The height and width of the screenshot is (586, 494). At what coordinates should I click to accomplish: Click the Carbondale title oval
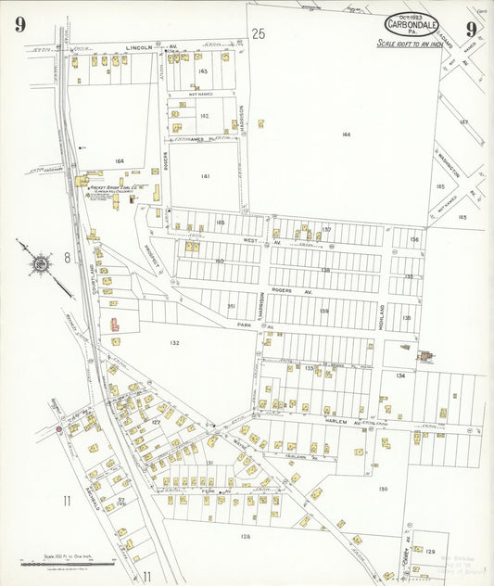(x=412, y=25)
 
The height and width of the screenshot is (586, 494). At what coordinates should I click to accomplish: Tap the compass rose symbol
(x=41, y=264)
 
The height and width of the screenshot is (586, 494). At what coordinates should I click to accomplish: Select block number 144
(x=346, y=134)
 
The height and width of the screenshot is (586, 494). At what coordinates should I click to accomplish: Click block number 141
(x=205, y=175)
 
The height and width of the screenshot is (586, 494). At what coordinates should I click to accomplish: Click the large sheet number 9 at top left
(x=19, y=25)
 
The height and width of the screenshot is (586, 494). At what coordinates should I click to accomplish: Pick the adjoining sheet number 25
(x=259, y=33)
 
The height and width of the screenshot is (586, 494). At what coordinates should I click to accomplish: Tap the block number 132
(x=174, y=343)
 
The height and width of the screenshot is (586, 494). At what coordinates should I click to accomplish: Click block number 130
(x=382, y=489)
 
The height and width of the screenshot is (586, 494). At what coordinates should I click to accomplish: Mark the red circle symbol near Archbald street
(x=58, y=429)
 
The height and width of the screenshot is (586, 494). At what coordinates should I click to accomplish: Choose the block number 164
(x=119, y=161)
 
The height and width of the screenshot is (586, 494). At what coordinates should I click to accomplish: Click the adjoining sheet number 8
(x=67, y=258)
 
